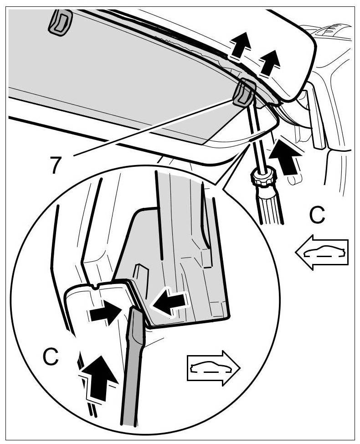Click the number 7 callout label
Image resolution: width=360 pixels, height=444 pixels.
click(x=55, y=165)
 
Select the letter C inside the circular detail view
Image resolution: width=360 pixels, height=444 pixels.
click(x=51, y=357)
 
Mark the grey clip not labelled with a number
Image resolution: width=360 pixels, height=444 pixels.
click(x=60, y=21)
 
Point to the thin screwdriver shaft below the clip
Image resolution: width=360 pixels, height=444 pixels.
click(x=255, y=137)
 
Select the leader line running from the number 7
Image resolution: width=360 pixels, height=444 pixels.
click(x=150, y=128)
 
